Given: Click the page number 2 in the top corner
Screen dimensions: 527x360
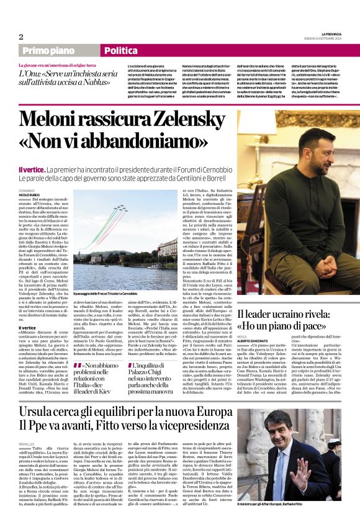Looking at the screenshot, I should pyautogui.click(x=21, y=37).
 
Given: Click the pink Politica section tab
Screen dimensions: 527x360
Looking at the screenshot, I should pyautogui.click(x=122, y=51).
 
